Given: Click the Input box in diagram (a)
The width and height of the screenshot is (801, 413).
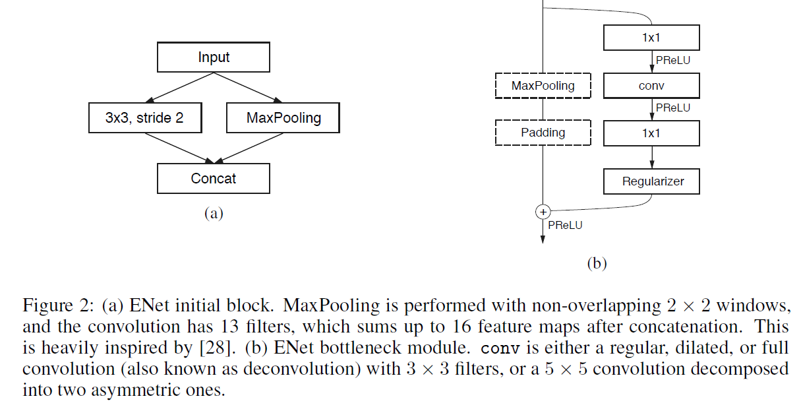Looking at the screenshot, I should [x=213, y=57].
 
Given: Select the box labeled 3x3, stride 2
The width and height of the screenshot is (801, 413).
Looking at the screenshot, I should [x=144, y=118].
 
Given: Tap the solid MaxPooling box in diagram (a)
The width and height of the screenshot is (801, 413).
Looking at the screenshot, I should [x=283, y=118].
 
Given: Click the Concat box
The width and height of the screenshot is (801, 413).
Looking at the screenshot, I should [x=213, y=178].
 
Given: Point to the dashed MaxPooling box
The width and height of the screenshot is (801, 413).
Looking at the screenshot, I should [x=543, y=85].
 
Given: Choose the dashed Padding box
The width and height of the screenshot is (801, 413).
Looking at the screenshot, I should [x=543, y=133].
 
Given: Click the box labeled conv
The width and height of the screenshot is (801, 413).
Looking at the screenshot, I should [x=651, y=85].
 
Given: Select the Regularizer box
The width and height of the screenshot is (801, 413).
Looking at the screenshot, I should [x=651, y=181].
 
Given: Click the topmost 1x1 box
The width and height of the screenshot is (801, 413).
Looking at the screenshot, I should [x=651, y=38].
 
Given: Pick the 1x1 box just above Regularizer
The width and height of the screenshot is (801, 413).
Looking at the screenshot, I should [x=651, y=133].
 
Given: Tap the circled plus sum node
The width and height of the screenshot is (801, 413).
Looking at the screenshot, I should [x=543, y=212].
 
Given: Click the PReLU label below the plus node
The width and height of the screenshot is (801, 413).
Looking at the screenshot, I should [x=565, y=225].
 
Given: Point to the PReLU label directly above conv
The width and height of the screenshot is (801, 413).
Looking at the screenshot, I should [x=673, y=61].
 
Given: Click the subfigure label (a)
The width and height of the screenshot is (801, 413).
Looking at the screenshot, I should [x=214, y=213].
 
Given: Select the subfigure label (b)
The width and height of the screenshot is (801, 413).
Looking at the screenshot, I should [x=596, y=264].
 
